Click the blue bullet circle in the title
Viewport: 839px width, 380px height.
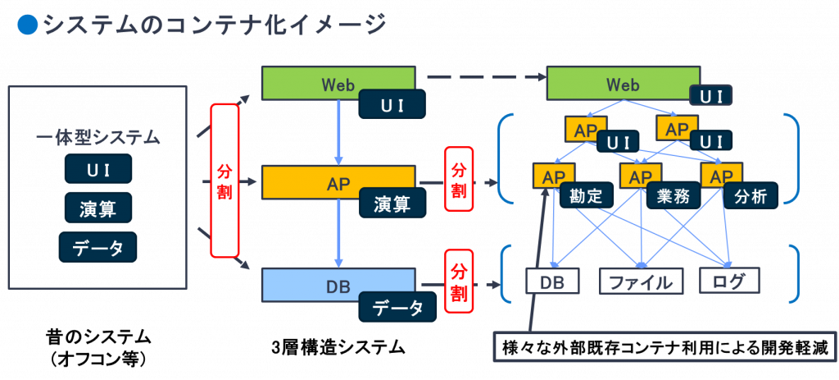[x=28, y=25]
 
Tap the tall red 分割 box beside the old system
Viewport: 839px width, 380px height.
[x=224, y=180]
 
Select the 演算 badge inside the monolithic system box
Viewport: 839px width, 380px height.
[x=98, y=208]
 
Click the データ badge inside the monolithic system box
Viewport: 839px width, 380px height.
[x=98, y=247]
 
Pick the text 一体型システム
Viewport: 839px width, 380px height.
[x=98, y=137]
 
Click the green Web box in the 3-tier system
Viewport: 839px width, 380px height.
[x=338, y=83]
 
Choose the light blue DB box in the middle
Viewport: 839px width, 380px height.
[x=338, y=285]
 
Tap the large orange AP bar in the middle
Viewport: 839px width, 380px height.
[x=338, y=182]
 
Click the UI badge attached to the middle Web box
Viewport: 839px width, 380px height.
[x=392, y=104]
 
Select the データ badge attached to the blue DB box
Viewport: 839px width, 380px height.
[x=398, y=307]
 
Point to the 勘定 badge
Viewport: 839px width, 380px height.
[x=587, y=196]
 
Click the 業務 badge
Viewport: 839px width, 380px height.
[x=673, y=196]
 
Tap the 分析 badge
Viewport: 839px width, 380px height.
[x=751, y=196]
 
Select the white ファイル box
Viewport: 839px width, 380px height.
[x=642, y=281]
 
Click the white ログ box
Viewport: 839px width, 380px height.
[x=728, y=281]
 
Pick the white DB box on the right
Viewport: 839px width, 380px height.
[x=552, y=281]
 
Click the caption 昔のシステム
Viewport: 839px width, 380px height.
[x=98, y=338]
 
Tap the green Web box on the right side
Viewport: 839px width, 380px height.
[x=624, y=83]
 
